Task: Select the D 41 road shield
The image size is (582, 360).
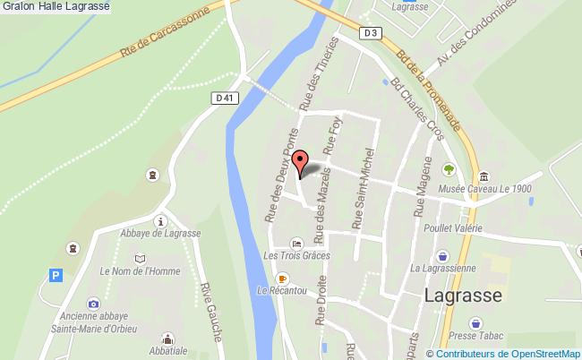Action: [x=225, y=98]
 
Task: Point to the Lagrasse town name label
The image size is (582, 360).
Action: [x=463, y=296]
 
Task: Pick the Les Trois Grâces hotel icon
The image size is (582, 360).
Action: [x=297, y=243]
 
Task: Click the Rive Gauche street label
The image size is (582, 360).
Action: [x=212, y=311]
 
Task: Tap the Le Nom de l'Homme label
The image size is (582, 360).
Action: [x=140, y=271]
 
